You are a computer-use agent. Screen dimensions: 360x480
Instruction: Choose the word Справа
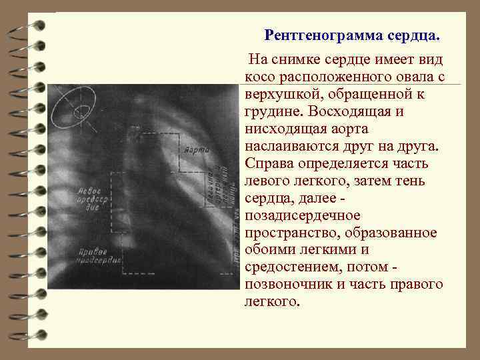269,164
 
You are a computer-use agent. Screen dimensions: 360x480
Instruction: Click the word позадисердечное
303,216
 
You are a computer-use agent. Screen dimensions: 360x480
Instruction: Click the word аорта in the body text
355,129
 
